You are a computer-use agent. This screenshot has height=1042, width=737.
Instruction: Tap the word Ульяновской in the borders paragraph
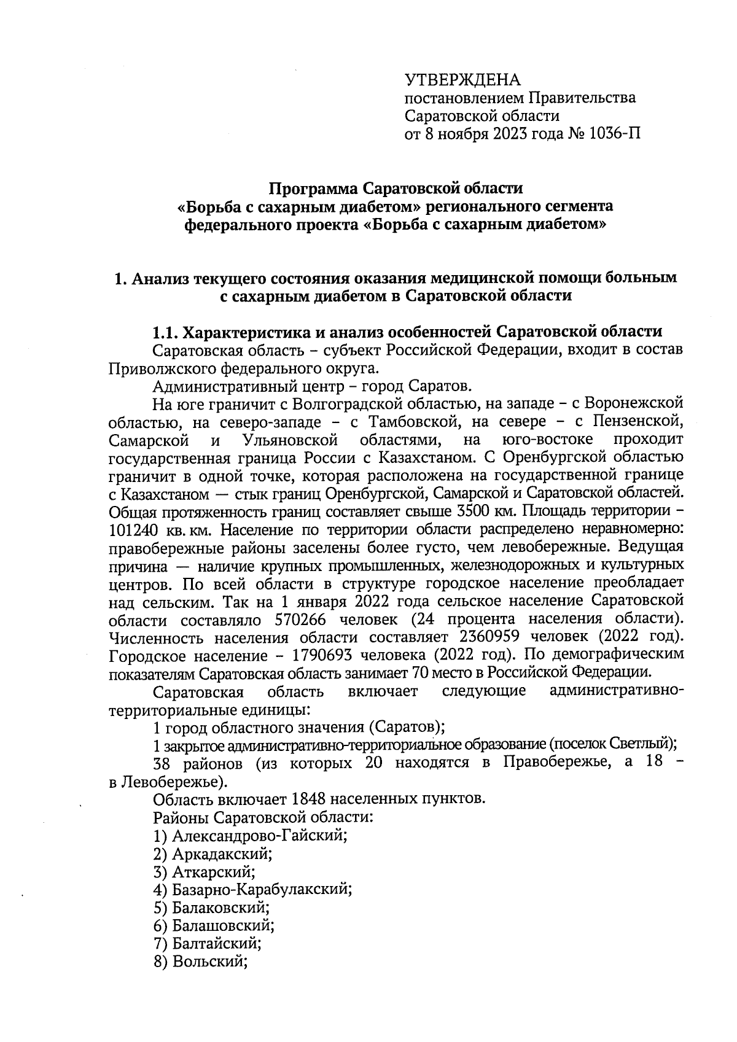[291, 440]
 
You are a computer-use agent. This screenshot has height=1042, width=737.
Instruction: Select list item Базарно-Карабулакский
[262, 889]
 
